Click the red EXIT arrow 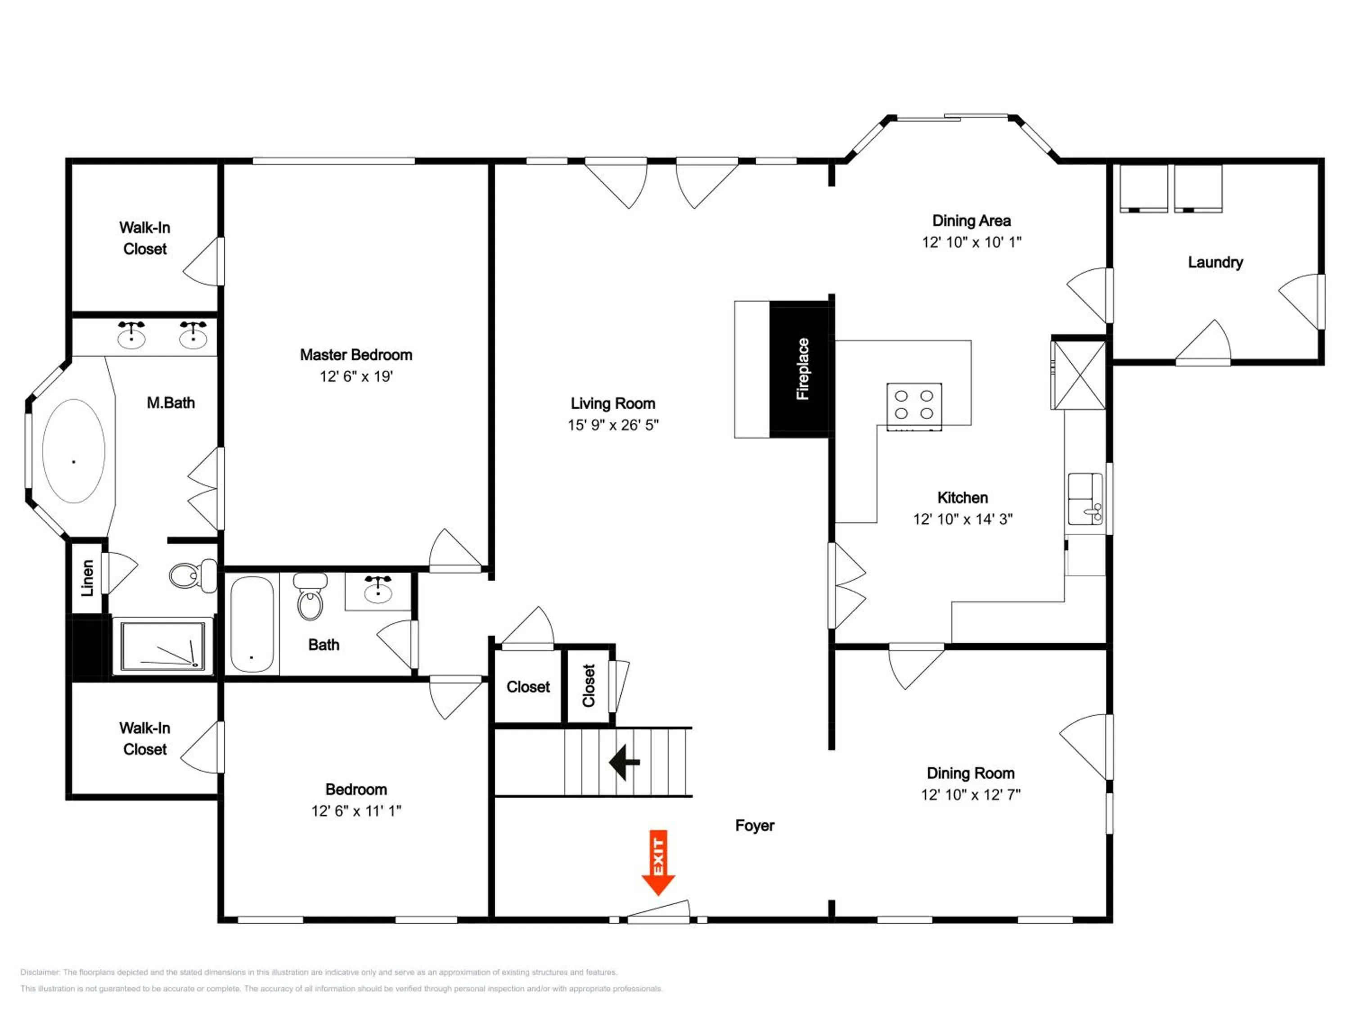pos(658,862)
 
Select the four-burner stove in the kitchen pos(913,406)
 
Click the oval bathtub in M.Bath pos(74,451)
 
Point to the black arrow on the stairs pos(624,762)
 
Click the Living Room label pos(613,403)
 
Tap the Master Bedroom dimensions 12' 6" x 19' pos(356,376)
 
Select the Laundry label pos(1215,262)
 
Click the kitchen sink pos(1085,499)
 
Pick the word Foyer pos(754,826)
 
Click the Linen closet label pos(87,578)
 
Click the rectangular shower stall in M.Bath pos(162,646)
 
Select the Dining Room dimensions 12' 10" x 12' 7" pos(970,794)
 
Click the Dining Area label pos(971,221)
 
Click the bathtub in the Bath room pos(252,624)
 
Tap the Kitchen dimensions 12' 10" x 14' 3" pos(963,519)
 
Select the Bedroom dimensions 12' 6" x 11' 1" pos(356,811)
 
